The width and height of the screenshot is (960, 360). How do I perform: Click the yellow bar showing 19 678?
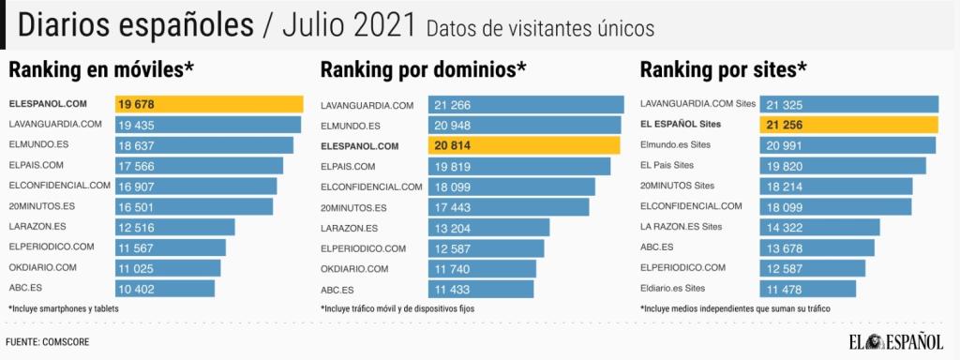(209, 104)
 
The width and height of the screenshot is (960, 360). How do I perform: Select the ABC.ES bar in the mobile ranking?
(165, 288)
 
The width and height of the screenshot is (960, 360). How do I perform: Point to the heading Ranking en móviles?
(101, 69)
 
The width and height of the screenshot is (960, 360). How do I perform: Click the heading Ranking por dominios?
(423, 69)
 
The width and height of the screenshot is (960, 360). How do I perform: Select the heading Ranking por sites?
(723, 69)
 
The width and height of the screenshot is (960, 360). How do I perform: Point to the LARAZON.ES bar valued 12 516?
(175, 227)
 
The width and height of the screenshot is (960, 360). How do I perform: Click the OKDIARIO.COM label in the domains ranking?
(363, 268)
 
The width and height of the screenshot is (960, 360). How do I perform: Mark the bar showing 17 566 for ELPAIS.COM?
(199, 166)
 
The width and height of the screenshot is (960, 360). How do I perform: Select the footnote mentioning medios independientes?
(735, 308)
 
